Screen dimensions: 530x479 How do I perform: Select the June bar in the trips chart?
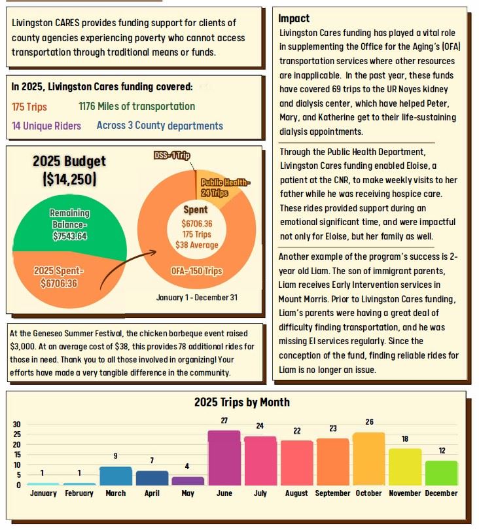(x=224, y=457)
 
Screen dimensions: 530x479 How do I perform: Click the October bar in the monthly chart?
(x=368, y=458)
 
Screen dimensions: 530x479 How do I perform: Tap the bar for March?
(x=115, y=476)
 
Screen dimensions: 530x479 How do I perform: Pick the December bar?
(x=441, y=472)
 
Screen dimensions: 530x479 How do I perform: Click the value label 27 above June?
(x=224, y=421)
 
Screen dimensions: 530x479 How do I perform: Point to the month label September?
(x=332, y=493)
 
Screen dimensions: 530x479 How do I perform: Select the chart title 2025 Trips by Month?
(x=241, y=402)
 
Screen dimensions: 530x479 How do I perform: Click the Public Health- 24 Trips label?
(x=224, y=187)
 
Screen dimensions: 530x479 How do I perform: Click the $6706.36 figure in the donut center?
(x=196, y=223)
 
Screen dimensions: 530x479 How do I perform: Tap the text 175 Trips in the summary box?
(x=29, y=107)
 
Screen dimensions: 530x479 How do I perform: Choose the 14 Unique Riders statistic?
(x=46, y=126)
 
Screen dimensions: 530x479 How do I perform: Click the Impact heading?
(x=294, y=18)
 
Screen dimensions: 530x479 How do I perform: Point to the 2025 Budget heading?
(x=69, y=162)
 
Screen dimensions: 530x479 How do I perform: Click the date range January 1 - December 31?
(x=197, y=298)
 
